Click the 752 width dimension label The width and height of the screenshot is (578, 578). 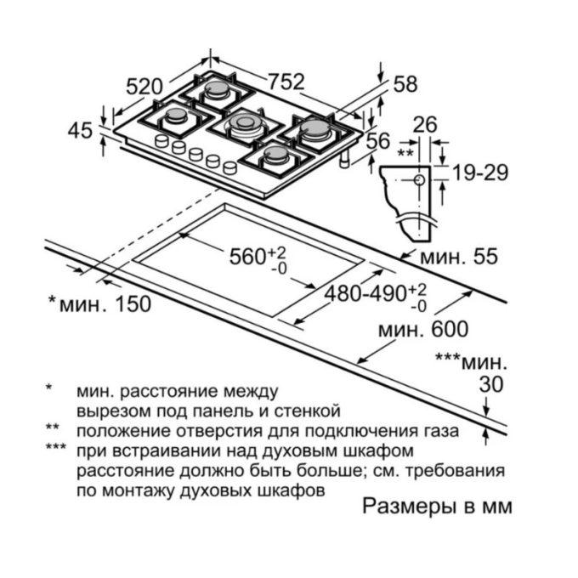point(286,82)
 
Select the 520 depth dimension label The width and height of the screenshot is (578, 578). point(144,87)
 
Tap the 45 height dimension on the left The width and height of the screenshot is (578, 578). point(80,131)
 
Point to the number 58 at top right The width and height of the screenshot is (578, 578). point(405,84)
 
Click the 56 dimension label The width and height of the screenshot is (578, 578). point(378,141)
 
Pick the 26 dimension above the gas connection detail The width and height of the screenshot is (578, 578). point(425,125)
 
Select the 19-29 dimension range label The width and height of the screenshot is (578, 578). point(480,173)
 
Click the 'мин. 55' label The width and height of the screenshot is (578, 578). point(459,256)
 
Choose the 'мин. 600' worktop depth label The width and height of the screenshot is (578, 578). point(423,329)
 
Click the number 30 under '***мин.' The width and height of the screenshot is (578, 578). point(491,384)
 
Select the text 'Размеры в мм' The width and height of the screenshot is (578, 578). point(438,506)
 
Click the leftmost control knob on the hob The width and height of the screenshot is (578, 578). point(161,141)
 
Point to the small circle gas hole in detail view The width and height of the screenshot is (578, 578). point(420,180)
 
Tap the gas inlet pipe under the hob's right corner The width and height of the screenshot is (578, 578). point(344,160)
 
